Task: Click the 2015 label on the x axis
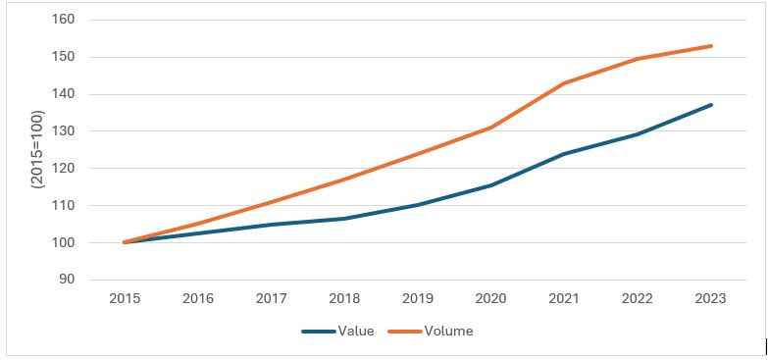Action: click(125, 299)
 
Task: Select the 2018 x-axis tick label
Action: click(344, 299)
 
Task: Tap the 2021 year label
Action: click(564, 299)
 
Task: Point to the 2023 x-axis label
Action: click(711, 299)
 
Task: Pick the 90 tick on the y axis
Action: click(67, 280)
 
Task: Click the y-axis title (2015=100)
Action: click(38, 149)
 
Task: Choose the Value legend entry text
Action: click(356, 332)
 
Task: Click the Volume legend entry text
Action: click(448, 332)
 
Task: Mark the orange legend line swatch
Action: click(405, 332)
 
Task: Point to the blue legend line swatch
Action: click(319, 332)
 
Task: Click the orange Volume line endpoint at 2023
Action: click(711, 46)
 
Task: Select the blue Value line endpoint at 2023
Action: click(711, 105)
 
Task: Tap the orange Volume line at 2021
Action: click(564, 82)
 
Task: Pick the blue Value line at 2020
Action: click(490, 185)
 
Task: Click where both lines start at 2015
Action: click(125, 242)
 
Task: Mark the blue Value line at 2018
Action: click(344, 219)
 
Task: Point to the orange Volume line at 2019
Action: click(418, 153)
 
